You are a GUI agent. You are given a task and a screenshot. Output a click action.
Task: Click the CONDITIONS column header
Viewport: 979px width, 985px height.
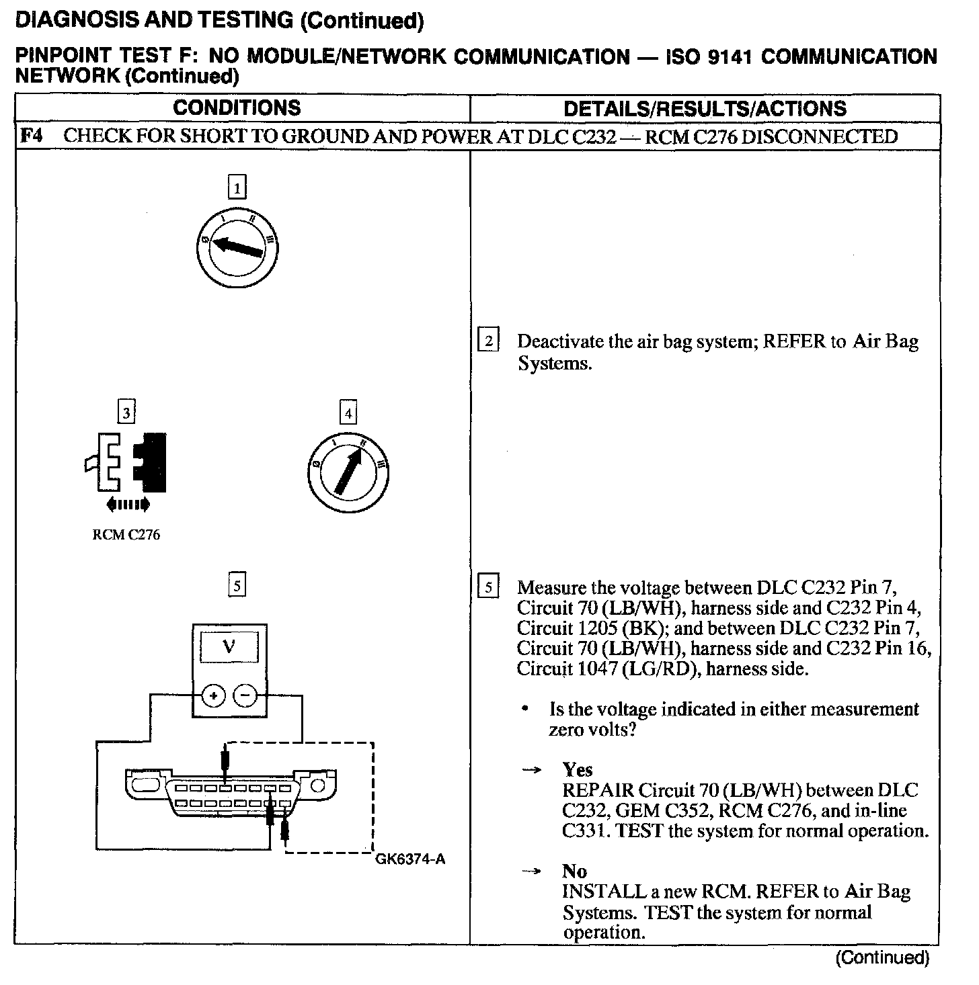coord(237,108)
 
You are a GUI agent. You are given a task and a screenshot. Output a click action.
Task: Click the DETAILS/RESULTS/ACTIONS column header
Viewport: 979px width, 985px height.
coord(705,108)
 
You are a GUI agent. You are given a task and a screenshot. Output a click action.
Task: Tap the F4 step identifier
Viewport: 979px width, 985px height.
coord(30,136)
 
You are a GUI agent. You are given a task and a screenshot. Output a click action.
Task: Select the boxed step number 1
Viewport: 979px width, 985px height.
coord(237,187)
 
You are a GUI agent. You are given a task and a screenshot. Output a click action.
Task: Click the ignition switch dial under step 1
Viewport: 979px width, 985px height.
coord(237,247)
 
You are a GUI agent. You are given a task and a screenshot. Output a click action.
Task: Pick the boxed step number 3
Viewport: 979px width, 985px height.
coord(126,411)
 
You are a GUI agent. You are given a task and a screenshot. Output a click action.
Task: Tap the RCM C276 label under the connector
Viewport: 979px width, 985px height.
coord(126,536)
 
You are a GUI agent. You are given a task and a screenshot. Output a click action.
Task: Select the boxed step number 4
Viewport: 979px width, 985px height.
coord(348,413)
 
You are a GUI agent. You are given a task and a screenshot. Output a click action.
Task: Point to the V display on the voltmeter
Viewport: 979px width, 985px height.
coord(230,647)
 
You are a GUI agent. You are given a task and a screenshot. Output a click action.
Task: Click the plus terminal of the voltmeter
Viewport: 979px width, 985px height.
coord(214,696)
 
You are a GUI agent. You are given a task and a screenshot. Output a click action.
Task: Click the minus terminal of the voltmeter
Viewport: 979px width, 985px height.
coord(245,696)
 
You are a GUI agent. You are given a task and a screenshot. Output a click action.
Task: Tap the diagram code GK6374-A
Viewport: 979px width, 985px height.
coord(410,859)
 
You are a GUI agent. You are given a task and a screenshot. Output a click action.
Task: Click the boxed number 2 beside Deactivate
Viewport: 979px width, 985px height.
coord(488,341)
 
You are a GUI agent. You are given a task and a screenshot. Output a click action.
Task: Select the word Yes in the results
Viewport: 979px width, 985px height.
coord(578,770)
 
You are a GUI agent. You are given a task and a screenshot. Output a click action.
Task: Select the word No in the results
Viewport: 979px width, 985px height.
coord(575,871)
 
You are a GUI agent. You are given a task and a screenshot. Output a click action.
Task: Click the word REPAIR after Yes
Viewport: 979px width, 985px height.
coord(598,790)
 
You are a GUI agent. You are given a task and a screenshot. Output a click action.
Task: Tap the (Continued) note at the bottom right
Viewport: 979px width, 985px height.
coord(882,958)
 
